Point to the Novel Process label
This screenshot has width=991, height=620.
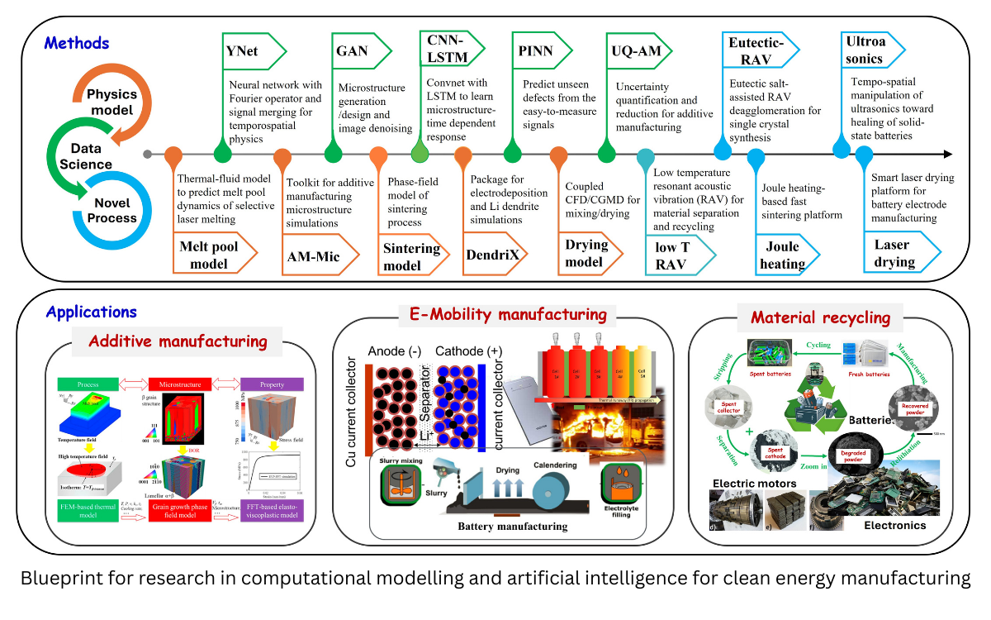click(x=113, y=211)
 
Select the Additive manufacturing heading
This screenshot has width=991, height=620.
click(x=178, y=341)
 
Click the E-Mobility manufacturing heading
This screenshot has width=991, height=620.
click(x=508, y=315)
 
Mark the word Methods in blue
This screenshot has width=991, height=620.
click(x=77, y=42)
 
